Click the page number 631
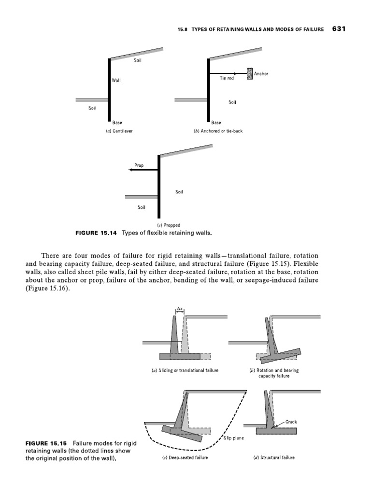[x=340, y=29]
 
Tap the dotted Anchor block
[x=250, y=73]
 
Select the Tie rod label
[x=227, y=78]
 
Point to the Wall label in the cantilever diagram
[x=116, y=80]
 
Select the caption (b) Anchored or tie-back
[x=218, y=131]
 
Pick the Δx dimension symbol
[x=179, y=307]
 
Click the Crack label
[x=291, y=421]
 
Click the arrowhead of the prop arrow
[x=124, y=170]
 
